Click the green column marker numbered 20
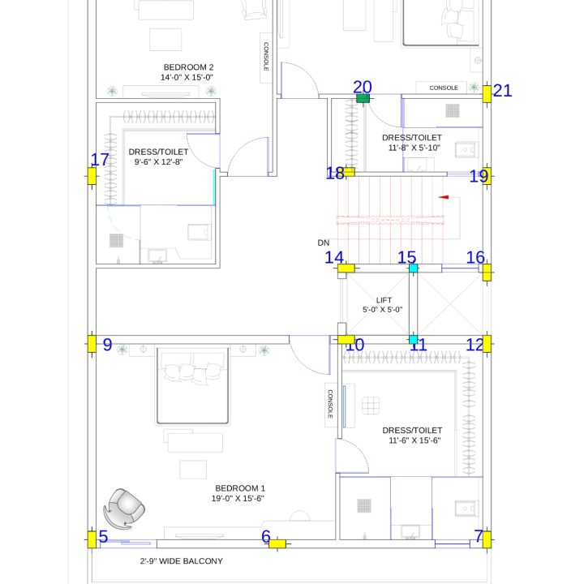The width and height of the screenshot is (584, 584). point(363,98)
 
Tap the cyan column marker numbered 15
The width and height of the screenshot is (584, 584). point(413,268)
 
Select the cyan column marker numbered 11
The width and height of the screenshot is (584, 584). point(413,340)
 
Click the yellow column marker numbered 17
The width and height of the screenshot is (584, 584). point(92,176)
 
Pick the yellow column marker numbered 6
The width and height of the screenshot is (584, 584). point(277,543)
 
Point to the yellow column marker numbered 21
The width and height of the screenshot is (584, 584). point(487,94)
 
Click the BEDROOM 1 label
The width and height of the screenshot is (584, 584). point(240,488)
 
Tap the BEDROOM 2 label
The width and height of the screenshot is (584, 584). point(188,67)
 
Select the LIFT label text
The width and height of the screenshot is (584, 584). point(384,300)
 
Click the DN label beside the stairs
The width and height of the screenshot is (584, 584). point(324,243)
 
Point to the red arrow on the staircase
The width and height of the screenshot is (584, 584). point(443,197)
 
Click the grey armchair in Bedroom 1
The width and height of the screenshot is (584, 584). point(124,509)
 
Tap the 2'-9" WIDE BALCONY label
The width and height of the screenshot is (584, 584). point(182,561)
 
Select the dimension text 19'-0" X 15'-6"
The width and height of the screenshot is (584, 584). point(238,498)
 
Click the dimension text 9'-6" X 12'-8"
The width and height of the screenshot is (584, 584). point(158,161)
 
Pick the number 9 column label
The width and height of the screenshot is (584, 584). point(107,345)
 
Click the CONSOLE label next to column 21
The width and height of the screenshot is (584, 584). point(444,88)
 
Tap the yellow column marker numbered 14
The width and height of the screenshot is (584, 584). point(346,268)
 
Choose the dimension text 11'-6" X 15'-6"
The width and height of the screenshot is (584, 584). point(414,440)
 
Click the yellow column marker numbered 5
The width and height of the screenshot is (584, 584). point(92,539)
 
